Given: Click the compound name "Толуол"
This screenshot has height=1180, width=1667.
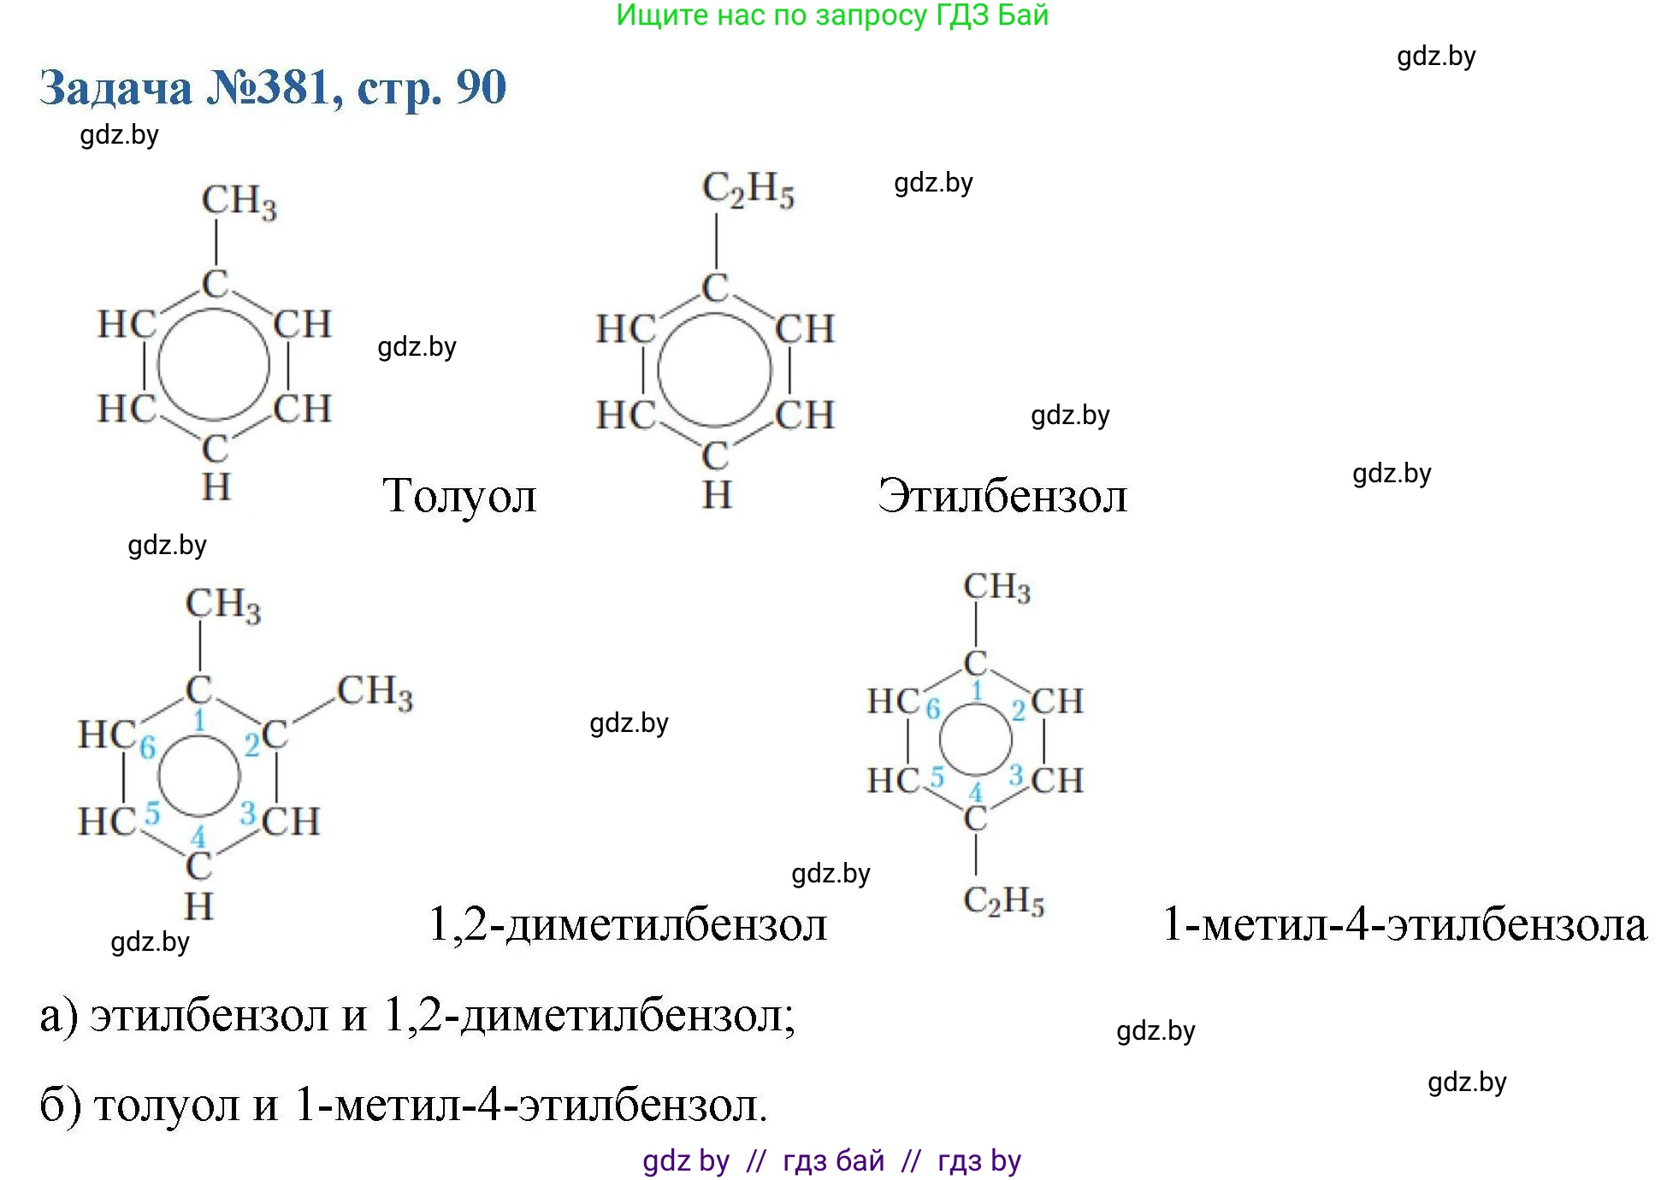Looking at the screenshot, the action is (x=459, y=496).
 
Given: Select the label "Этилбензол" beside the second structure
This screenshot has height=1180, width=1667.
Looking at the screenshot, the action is (x=1002, y=496).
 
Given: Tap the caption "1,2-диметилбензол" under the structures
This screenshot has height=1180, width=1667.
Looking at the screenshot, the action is (x=628, y=924).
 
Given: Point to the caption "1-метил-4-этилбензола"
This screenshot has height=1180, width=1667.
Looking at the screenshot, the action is (x=1404, y=924).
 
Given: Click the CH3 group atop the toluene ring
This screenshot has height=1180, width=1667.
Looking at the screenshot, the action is (x=239, y=203).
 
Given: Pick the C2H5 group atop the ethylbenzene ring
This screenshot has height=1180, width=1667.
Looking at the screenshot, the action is (x=748, y=190).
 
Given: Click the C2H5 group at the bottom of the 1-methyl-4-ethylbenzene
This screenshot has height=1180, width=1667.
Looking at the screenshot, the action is (x=1004, y=900).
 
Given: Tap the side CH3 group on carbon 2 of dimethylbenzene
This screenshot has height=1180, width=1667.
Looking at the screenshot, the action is (x=375, y=692).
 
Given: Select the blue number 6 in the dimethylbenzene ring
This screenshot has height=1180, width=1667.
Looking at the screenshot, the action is (x=148, y=747).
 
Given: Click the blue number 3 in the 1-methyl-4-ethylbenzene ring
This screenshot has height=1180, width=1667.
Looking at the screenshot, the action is (x=1016, y=776).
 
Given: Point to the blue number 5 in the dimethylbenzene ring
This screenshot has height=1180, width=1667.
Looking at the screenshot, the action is (x=152, y=812).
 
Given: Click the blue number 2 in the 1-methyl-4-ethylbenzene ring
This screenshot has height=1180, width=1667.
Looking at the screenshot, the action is (x=1019, y=711).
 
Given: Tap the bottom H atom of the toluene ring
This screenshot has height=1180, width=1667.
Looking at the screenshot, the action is (x=216, y=487).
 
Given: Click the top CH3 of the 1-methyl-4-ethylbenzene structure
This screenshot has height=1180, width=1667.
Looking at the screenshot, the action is (x=997, y=587).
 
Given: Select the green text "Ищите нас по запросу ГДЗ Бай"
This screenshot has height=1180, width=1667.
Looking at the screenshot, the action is (x=832, y=15).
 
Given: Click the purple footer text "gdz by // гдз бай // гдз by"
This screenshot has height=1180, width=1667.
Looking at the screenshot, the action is (x=832, y=1160).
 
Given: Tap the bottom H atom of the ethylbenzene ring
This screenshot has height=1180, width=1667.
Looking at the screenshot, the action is (x=717, y=495).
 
